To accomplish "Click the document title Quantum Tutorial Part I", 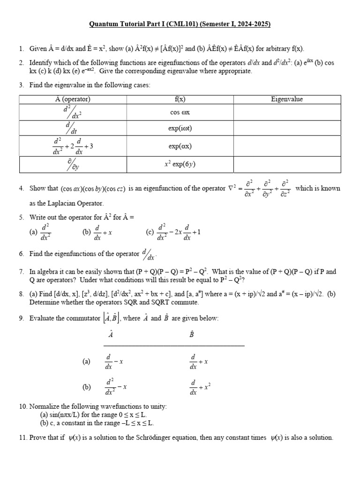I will pos(180,24).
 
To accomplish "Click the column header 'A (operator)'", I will pos(73,99).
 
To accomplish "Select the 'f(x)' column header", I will pos(180,99).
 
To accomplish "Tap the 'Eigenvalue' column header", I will pos(287,99).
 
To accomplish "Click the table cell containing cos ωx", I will pos(180,112).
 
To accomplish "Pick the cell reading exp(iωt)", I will pos(180,129).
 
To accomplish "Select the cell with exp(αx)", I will pos(180,146).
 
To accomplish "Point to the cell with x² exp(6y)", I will pos(180,165).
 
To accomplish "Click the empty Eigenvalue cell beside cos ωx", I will pos(287,112).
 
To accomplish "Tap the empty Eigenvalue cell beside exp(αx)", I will pos(287,146).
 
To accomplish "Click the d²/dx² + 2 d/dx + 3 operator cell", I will pos(73,146).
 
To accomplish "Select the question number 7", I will pos(22,272).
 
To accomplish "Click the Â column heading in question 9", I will pos(111,335).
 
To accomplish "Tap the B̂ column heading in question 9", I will pos(192,335).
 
